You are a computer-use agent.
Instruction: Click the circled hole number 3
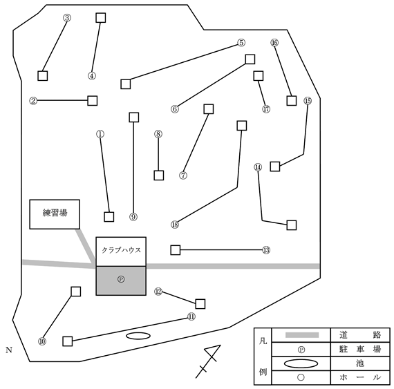[x=67, y=18]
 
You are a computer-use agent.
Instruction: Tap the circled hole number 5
[x=241, y=43]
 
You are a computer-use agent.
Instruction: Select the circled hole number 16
[x=274, y=43]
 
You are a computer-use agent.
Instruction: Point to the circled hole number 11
[x=191, y=316]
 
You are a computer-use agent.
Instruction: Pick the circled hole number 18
[x=175, y=225]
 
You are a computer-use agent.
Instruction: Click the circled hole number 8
[x=158, y=134]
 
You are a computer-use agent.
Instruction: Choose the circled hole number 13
[x=266, y=250]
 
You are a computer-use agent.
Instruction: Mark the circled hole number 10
[x=42, y=341]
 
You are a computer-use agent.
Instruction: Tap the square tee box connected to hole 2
[x=92, y=101]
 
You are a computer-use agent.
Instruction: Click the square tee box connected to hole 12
[x=200, y=304]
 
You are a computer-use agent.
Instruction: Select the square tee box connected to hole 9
[x=133, y=117]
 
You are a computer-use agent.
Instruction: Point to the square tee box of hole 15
[x=275, y=167]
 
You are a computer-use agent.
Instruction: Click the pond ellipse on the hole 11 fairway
[x=138, y=336]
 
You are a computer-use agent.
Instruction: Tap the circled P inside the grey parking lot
[x=121, y=279]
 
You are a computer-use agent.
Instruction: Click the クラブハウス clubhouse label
[x=121, y=250]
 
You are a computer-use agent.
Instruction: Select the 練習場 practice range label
[x=55, y=214]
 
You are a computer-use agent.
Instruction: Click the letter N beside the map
[x=9, y=350]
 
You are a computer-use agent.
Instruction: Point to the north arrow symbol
[x=208, y=361]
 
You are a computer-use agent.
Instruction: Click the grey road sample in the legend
[x=302, y=335]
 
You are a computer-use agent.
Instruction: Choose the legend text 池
[x=360, y=363]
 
